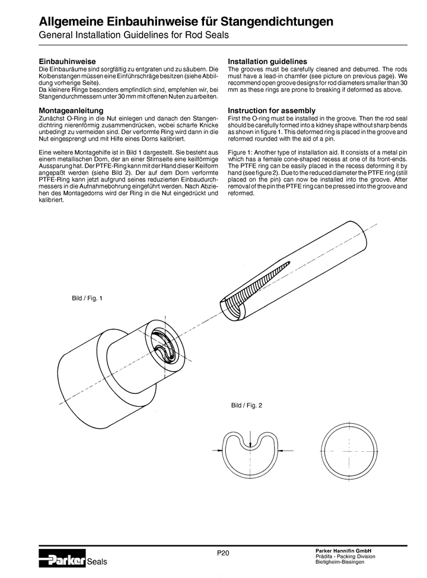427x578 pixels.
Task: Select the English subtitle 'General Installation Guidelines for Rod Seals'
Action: point(134,36)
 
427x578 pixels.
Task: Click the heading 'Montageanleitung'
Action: point(71,111)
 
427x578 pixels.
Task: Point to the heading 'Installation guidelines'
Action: point(267,62)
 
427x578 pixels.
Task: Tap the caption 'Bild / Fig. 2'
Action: point(246,406)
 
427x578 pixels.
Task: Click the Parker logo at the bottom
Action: point(62,557)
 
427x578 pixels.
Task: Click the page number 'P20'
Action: point(222,553)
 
